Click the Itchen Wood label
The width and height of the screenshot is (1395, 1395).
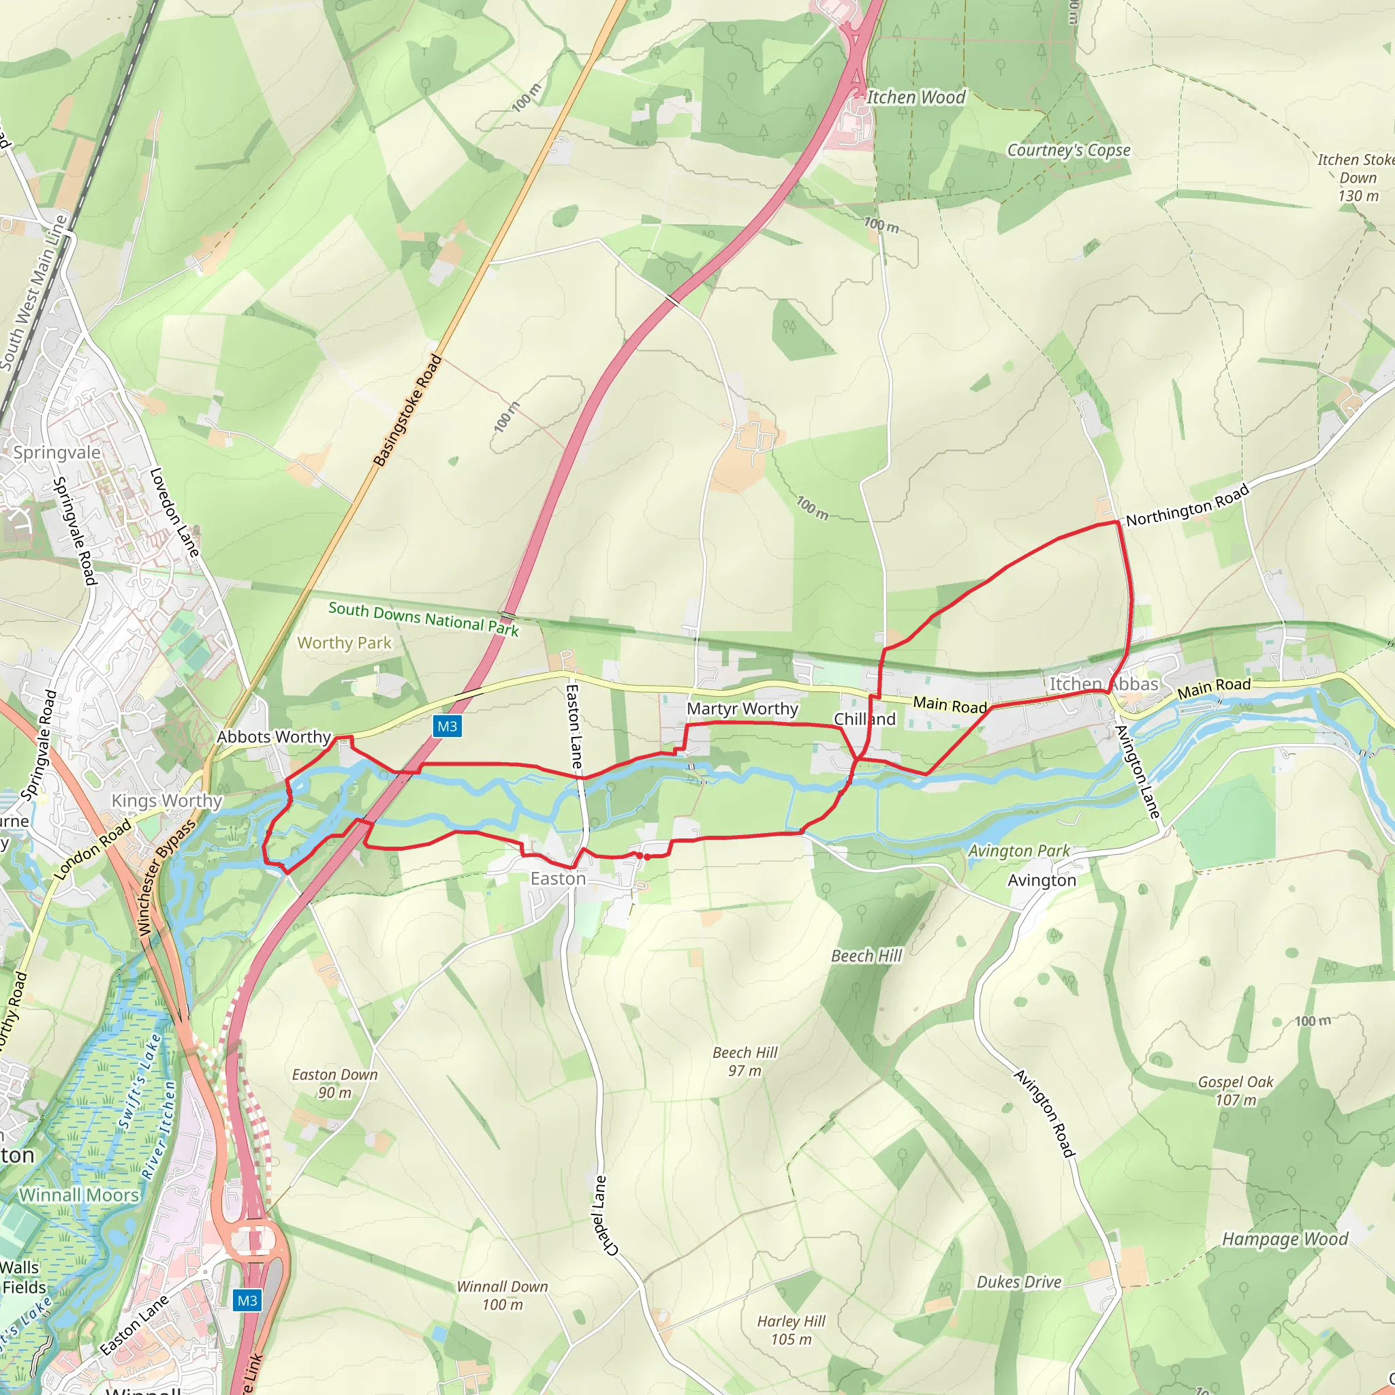click(915, 97)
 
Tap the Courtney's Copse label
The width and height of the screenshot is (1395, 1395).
click(1069, 150)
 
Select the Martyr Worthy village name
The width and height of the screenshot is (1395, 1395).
click(742, 709)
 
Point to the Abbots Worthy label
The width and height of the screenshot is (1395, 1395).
click(275, 737)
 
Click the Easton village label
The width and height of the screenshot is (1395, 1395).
click(558, 879)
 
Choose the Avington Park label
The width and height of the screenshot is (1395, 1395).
click(1019, 851)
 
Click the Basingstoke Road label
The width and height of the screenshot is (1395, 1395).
click(407, 410)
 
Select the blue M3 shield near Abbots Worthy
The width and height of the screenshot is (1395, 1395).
click(447, 726)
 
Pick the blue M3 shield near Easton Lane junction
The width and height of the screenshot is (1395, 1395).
click(247, 1301)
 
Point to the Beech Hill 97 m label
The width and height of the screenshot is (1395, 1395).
click(745, 1061)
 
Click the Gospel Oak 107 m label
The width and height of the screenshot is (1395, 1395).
click(1236, 1091)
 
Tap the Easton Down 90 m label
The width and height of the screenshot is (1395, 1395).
click(335, 1084)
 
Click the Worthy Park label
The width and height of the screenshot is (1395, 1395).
click(345, 642)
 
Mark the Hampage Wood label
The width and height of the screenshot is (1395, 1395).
click(1285, 1239)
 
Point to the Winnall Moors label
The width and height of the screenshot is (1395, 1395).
click(80, 1195)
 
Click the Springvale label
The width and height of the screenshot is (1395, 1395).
click(57, 453)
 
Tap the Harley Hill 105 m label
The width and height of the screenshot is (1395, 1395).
click(791, 1330)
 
